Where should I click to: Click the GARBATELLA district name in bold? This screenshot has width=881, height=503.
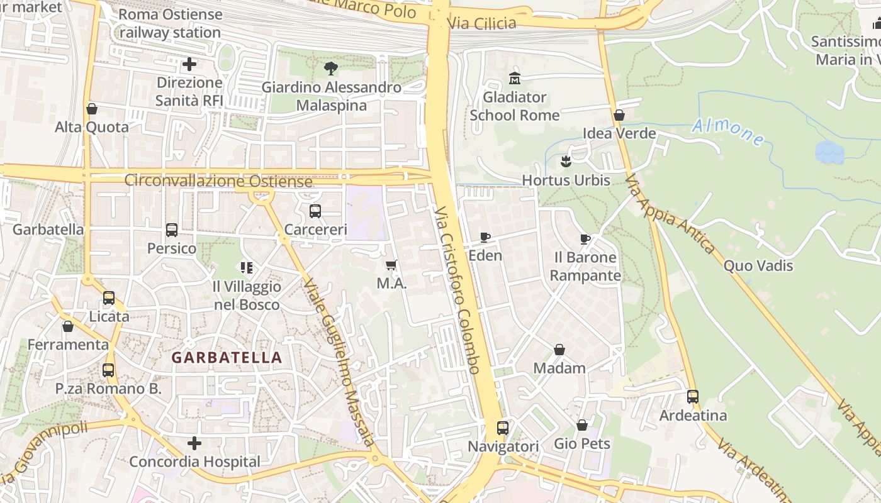(227, 358)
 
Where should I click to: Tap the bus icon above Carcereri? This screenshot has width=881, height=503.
(315, 211)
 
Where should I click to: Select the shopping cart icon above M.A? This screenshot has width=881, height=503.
(391, 265)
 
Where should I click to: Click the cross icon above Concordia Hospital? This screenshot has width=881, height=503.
(194, 443)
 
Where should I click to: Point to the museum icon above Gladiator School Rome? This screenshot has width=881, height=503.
(515, 79)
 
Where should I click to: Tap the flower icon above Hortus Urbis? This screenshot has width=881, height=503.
(566, 162)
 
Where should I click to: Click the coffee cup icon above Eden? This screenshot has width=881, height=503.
(485, 237)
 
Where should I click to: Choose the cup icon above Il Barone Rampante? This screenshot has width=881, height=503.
(585, 239)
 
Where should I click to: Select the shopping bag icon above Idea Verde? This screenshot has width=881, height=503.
(619, 115)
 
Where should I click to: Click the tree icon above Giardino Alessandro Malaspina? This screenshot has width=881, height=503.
(330, 69)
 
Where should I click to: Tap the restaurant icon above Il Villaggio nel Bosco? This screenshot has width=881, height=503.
(246, 268)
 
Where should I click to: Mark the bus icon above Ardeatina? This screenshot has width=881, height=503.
(693, 397)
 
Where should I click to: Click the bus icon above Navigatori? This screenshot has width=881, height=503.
(502, 428)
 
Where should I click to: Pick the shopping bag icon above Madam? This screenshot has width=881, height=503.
(559, 350)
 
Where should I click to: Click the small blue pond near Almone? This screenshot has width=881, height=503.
(829, 152)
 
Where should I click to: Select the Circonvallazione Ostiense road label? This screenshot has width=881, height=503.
(218, 181)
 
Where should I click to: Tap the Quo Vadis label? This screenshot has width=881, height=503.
(758, 265)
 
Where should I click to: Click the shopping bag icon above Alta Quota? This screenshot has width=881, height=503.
(92, 109)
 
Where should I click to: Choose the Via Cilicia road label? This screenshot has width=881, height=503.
(481, 24)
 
